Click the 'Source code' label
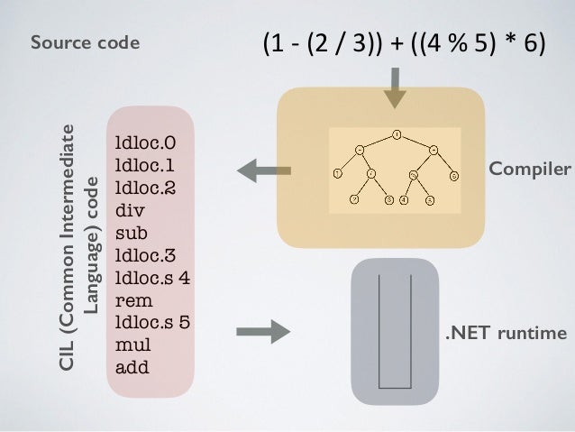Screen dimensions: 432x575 pyautogui.click(x=85, y=41)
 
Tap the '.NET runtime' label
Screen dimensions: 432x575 pyautogui.click(x=507, y=334)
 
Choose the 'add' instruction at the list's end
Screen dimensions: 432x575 pyautogui.click(x=132, y=366)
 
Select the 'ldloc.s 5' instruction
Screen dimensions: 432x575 pyautogui.click(x=152, y=322)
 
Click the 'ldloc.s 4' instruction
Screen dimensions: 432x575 pyautogui.click(x=152, y=278)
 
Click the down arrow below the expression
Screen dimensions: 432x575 pyautogui.click(x=396, y=91)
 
